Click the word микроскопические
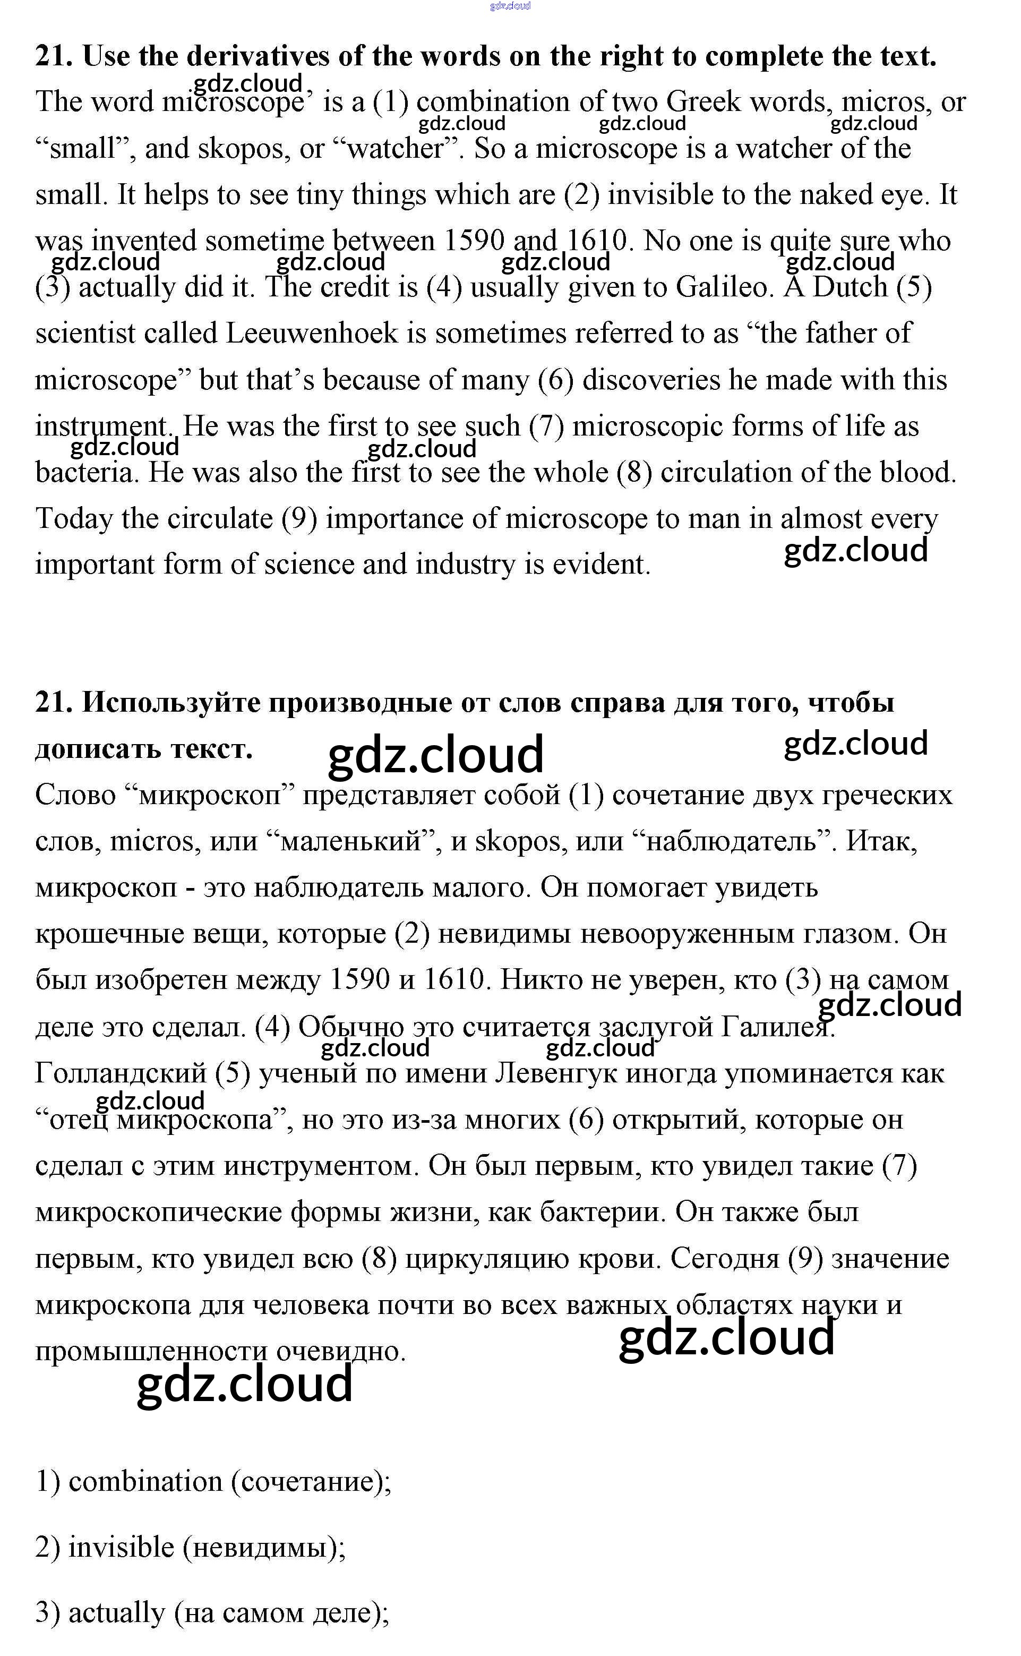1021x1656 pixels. (x=159, y=1213)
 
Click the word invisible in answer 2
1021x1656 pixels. (x=122, y=1547)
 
